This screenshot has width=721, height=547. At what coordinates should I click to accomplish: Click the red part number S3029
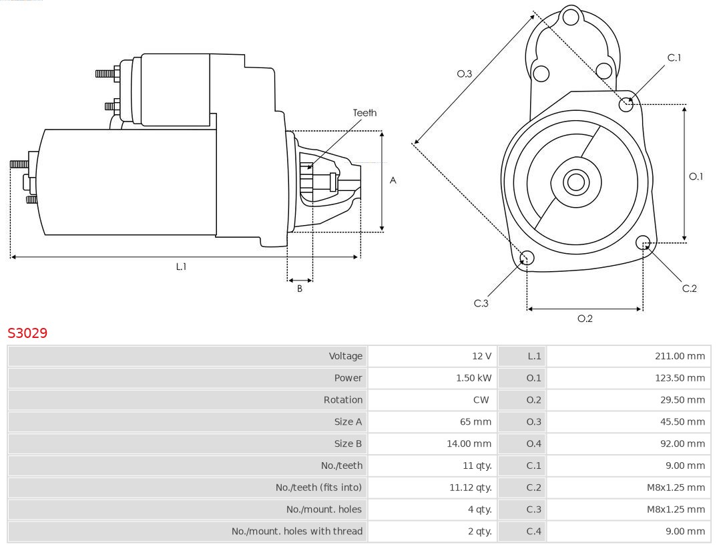(x=27, y=333)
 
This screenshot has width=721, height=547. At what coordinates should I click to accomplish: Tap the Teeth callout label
(x=365, y=113)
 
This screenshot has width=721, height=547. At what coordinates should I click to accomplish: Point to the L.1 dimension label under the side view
(x=181, y=266)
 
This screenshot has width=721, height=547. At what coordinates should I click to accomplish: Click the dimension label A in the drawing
(x=393, y=180)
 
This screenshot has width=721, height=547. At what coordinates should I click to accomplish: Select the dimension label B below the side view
(x=300, y=289)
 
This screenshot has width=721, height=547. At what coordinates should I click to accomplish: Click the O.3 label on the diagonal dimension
(x=465, y=73)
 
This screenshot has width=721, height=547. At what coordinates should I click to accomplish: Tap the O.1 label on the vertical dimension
(x=696, y=176)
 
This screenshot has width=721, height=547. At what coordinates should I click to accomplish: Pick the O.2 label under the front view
(x=585, y=319)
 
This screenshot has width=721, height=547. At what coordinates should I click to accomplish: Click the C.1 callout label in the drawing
(x=674, y=57)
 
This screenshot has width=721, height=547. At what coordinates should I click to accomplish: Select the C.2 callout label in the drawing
(x=689, y=289)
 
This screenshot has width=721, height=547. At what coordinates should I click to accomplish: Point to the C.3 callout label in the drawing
(x=481, y=303)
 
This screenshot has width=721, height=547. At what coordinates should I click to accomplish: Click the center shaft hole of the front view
(x=575, y=182)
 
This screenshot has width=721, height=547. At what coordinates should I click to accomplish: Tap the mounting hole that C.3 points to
(x=527, y=258)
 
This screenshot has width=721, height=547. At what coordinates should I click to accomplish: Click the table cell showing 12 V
(x=481, y=356)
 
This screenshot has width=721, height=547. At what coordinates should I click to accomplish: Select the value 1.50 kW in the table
(x=474, y=378)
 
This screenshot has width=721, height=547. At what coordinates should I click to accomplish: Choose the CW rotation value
(x=481, y=400)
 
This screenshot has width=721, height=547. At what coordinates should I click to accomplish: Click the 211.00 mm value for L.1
(x=680, y=356)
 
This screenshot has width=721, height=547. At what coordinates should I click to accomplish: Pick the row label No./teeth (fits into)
(x=318, y=488)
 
